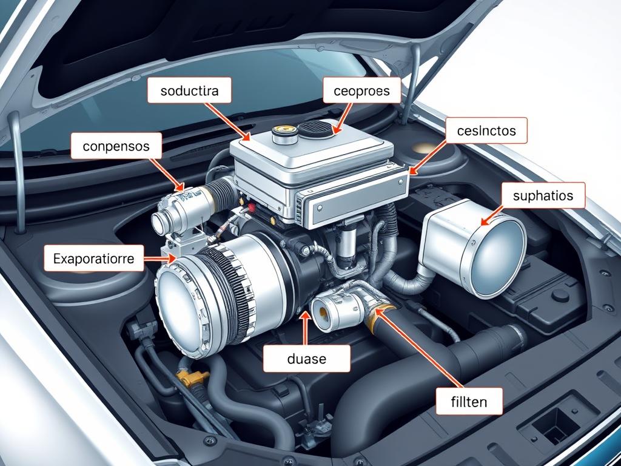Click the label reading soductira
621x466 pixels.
(x=189, y=90)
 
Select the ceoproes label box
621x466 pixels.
(x=361, y=90)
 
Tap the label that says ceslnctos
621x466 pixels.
(x=486, y=130)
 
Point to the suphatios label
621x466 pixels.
(x=543, y=195)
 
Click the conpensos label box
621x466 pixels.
(x=116, y=146)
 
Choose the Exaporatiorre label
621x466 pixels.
(x=94, y=258)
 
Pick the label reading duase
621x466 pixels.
(x=306, y=359)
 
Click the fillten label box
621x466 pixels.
(x=469, y=402)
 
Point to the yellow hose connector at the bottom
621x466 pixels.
(x=192, y=377)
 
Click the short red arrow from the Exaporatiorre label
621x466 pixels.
(x=160, y=258)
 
